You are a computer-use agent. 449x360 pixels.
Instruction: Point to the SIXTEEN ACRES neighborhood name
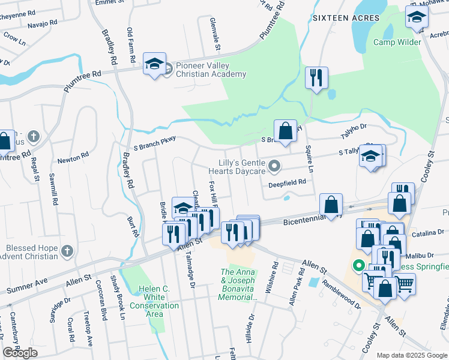(346, 18)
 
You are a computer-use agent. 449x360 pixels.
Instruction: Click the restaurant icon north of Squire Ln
(316, 77)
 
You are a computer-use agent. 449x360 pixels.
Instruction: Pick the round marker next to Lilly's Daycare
(274, 165)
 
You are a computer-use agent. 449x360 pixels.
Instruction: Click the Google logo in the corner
(20, 353)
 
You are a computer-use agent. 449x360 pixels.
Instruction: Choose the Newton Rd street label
(73, 160)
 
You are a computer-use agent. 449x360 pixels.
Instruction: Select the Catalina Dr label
(429, 231)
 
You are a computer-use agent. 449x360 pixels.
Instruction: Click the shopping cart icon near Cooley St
(405, 283)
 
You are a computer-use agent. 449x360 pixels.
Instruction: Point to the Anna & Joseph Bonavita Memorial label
(239, 284)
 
